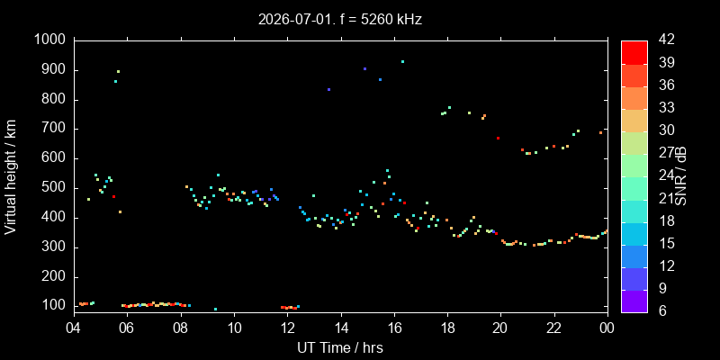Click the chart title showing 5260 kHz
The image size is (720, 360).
click(340, 20)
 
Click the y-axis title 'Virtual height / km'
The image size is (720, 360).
click(11, 177)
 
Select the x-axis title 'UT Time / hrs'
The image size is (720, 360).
click(340, 347)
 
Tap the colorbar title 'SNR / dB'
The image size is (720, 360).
click(681, 177)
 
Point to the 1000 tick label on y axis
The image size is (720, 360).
click(52, 40)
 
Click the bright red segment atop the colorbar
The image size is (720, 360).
click(634, 52)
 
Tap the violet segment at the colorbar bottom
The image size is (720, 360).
click(634, 301)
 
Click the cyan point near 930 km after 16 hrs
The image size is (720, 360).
click(402, 61)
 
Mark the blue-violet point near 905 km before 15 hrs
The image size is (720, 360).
click(364, 69)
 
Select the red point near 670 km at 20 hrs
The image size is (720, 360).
click(498, 139)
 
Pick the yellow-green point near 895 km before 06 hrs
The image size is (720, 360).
click(118, 72)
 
